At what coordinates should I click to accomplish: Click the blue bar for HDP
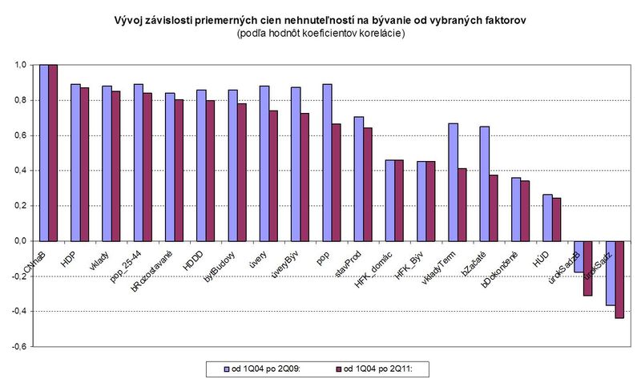point(75,163)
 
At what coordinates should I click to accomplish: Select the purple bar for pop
point(337,183)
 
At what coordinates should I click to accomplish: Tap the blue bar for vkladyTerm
point(453,182)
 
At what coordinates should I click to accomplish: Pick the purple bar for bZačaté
point(494,208)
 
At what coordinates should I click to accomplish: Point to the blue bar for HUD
point(547,217)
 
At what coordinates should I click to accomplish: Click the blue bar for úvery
point(264,163)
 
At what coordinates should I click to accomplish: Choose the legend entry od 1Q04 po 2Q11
point(376,369)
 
